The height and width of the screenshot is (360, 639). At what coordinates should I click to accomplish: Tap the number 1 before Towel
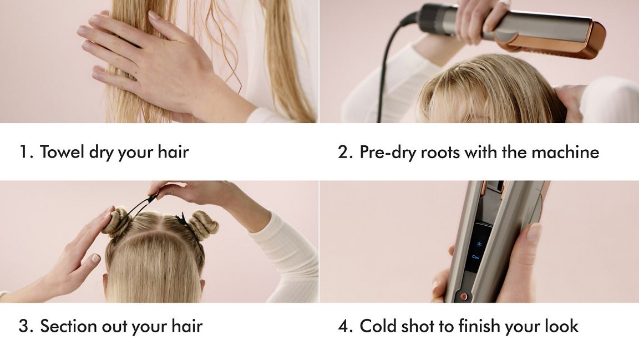[25, 152]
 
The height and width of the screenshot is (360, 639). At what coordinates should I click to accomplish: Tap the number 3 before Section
[24, 326]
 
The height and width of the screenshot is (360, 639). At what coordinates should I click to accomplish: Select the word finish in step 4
[479, 326]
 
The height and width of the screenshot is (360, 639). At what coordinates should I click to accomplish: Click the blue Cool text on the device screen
[475, 257]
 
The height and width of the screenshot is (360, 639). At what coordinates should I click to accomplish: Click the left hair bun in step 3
[116, 221]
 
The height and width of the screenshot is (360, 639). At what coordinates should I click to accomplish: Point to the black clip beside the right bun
[181, 220]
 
